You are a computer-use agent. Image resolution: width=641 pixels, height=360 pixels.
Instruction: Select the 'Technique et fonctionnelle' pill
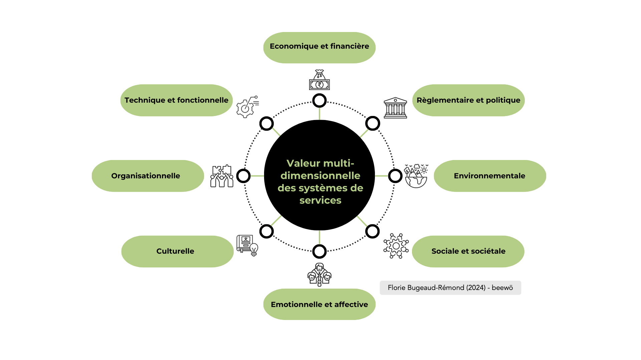point(176,100)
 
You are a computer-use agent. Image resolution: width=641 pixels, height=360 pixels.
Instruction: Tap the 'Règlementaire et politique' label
point(468,100)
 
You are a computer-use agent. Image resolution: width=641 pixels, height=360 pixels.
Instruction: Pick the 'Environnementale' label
point(489,176)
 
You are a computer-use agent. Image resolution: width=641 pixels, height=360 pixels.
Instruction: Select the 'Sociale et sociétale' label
point(468,251)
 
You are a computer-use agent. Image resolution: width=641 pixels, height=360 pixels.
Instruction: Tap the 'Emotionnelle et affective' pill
point(319,304)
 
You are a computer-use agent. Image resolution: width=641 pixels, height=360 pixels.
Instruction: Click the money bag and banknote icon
point(319,80)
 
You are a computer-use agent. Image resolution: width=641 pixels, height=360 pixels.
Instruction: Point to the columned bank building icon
point(395,108)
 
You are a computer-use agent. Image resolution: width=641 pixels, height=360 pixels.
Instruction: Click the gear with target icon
point(247,107)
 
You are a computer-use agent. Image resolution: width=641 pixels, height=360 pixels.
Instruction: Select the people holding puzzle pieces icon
point(222,176)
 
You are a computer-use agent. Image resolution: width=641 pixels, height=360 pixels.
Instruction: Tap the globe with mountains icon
point(416,176)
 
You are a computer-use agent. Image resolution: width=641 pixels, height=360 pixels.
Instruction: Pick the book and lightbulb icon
point(247,245)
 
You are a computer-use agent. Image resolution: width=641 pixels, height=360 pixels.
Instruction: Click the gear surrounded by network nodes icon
point(396,246)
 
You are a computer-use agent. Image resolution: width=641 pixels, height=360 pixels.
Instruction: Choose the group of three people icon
point(319,275)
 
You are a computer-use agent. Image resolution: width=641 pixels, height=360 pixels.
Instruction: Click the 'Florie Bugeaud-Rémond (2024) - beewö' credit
point(450,288)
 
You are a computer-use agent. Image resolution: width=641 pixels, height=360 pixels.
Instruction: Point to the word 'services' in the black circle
point(320,200)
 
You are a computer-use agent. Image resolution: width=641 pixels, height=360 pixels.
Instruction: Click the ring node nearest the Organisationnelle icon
point(243,176)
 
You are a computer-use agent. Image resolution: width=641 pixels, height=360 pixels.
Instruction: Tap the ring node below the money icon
point(319,100)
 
